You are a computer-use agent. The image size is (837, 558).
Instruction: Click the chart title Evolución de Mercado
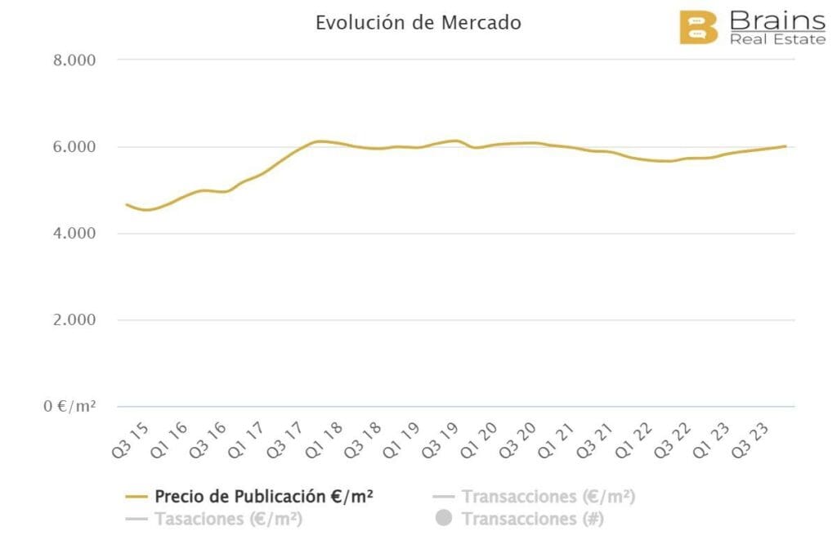click(x=418, y=23)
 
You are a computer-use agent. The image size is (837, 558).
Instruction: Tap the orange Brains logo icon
click(x=698, y=27)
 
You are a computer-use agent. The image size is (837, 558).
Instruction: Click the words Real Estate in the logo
click(x=777, y=39)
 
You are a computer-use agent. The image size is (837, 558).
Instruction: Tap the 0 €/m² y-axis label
click(x=69, y=406)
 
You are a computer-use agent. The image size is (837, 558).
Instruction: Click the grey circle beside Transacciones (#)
click(x=444, y=519)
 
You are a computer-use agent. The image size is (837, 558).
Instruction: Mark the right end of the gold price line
click(x=786, y=146)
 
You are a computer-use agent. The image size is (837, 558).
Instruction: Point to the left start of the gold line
click(x=126, y=204)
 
